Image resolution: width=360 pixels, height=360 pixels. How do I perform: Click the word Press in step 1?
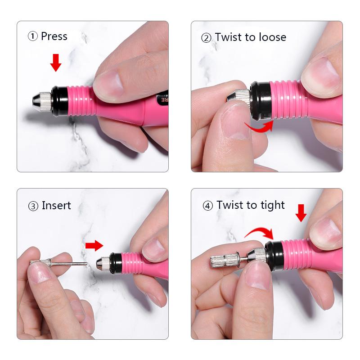tap(54, 36)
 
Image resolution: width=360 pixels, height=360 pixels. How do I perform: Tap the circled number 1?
tap(33, 37)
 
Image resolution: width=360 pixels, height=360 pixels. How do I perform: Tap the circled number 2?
tap(206, 37)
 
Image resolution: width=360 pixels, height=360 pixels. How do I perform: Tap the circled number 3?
tap(33, 206)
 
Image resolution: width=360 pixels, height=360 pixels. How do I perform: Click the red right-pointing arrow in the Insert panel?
tap(94, 245)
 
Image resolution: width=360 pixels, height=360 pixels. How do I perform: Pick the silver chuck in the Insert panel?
tap(103, 262)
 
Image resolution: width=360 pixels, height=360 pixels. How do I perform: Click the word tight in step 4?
tap(272, 205)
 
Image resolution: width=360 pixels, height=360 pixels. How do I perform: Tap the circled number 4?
tap(207, 206)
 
